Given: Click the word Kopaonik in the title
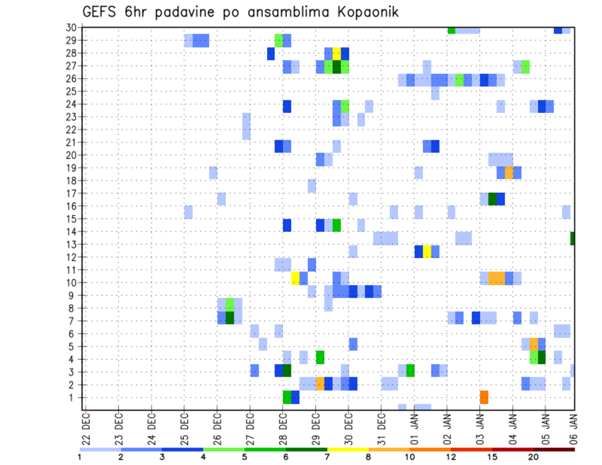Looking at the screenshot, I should point(359,12).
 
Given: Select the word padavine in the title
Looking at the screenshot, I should point(184,13).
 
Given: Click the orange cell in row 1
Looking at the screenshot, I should point(484,397).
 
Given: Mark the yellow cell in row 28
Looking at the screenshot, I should point(337,53).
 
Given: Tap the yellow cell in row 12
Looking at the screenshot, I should point(427,251).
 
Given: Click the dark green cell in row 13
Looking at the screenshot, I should point(573,238).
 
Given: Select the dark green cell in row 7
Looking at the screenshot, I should point(230,318).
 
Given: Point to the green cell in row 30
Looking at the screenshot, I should point(451,30).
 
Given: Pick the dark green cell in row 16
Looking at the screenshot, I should point(492,199).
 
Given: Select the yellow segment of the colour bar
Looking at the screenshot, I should point(347,449).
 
